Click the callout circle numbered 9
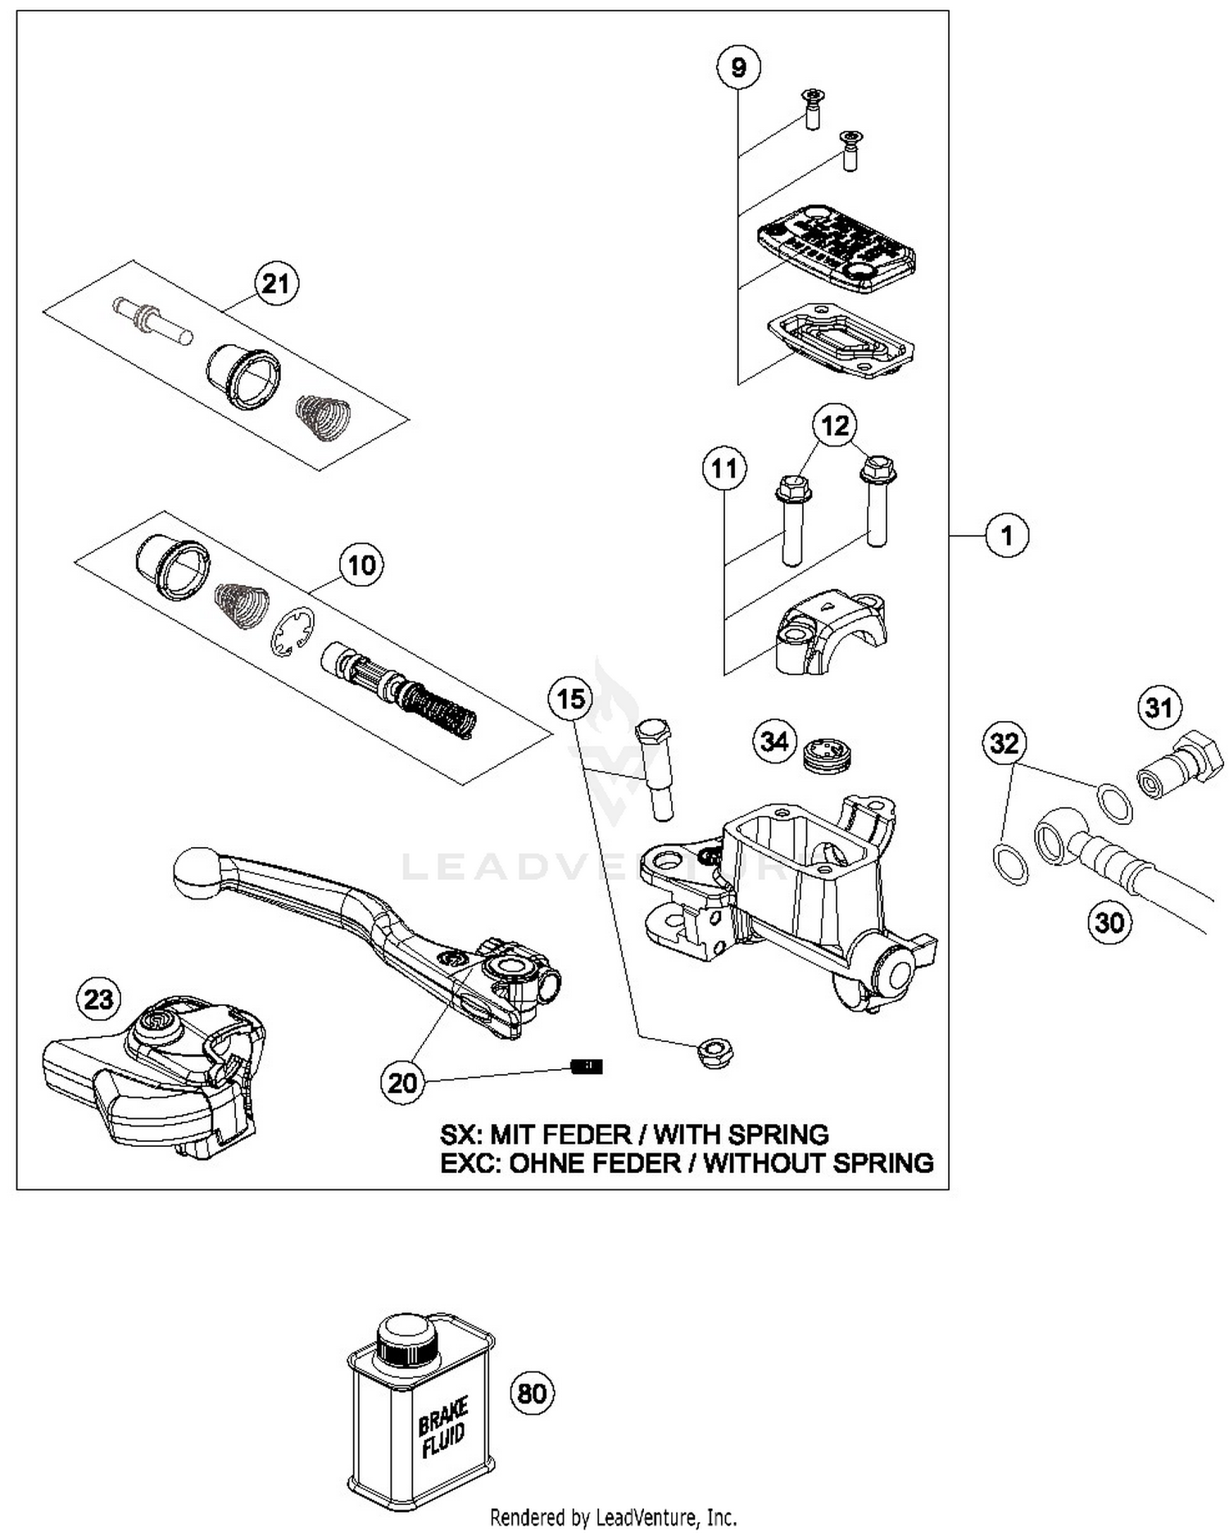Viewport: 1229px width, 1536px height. click(x=738, y=66)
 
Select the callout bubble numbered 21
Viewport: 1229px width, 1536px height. click(x=275, y=283)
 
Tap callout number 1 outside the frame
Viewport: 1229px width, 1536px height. click(x=1007, y=536)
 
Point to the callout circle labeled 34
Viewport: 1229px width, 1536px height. click(x=774, y=741)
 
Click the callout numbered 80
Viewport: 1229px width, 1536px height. click(x=533, y=1393)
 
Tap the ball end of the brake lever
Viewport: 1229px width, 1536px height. click(x=197, y=872)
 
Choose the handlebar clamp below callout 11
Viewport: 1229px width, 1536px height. click(x=829, y=632)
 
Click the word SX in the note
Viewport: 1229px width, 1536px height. click(x=459, y=1135)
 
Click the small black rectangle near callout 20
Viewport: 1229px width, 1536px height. click(x=587, y=1066)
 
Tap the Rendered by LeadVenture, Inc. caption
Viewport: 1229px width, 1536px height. click(x=613, y=1516)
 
